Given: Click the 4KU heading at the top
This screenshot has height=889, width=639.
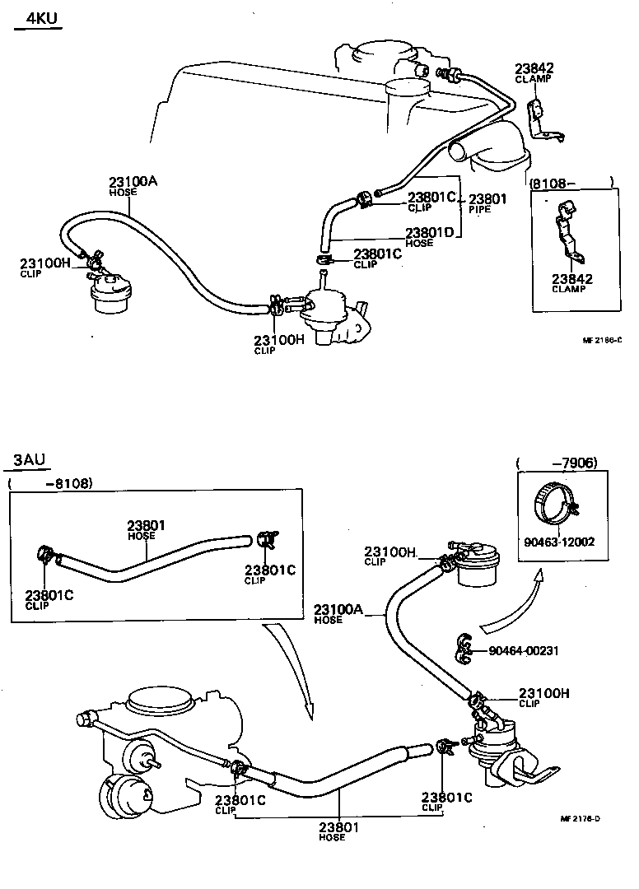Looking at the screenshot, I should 39,17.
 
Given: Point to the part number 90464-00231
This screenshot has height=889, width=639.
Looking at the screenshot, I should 524,650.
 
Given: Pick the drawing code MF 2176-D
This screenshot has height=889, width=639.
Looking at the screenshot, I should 580,818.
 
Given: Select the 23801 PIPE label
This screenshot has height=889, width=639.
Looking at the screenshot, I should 488,203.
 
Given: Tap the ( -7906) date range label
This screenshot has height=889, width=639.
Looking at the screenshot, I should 557,463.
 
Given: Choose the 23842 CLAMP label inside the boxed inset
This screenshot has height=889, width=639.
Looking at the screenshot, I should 571,283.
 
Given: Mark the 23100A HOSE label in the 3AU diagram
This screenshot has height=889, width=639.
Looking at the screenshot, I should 338,613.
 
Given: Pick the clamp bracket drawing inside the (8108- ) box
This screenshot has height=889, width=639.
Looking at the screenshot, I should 568,239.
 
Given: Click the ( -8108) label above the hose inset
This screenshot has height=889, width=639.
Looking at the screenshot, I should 49,482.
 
